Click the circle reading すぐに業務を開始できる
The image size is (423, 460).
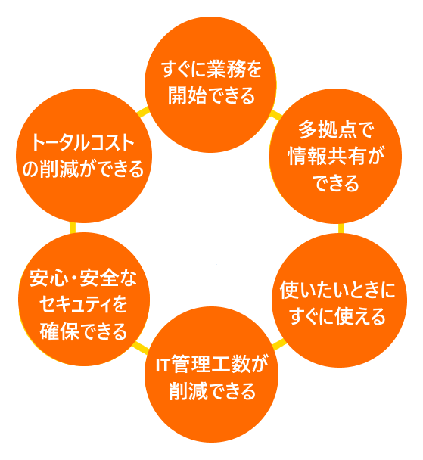click(210, 85)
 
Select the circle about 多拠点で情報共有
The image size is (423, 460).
click(335, 156)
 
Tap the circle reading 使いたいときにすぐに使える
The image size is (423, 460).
click(339, 300)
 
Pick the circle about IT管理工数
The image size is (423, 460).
click(211, 375)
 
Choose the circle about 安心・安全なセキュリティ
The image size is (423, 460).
click(84, 299)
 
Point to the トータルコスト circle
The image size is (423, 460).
click(84, 156)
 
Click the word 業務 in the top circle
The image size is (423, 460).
click(226, 70)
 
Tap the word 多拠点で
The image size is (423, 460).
click(335, 129)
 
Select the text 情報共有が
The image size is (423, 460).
click(336, 156)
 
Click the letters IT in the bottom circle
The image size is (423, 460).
click(163, 365)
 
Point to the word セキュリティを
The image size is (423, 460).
click(83, 304)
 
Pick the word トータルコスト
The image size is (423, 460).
click(82, 142)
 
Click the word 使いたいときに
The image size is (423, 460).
click(337, 290)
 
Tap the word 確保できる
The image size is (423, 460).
click(83, 331)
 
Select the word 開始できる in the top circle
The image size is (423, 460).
click(212, 95)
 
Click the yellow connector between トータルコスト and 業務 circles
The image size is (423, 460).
click(143, 112)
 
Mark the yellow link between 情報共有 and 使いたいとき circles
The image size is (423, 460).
click(341, 228)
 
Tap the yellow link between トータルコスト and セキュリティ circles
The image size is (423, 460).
click(73, 228)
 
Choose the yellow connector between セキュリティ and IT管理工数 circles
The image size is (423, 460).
click(141, 347)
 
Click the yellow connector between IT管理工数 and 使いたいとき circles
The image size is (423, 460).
click(279, 343)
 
